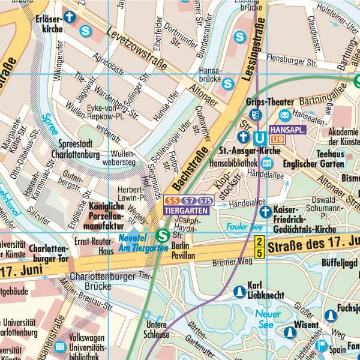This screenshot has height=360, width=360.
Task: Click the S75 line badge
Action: pos(205,200)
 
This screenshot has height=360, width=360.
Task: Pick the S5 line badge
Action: pos(172,200)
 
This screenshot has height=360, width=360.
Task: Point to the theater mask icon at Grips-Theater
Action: pos(256,114)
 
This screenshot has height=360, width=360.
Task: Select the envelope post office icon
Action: pos(284,115)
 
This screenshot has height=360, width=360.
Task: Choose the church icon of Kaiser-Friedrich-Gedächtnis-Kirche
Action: pos(265,211)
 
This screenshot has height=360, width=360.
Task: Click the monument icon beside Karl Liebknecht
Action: pos(239,290)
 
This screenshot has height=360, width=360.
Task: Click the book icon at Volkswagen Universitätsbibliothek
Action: pos(60,347)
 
